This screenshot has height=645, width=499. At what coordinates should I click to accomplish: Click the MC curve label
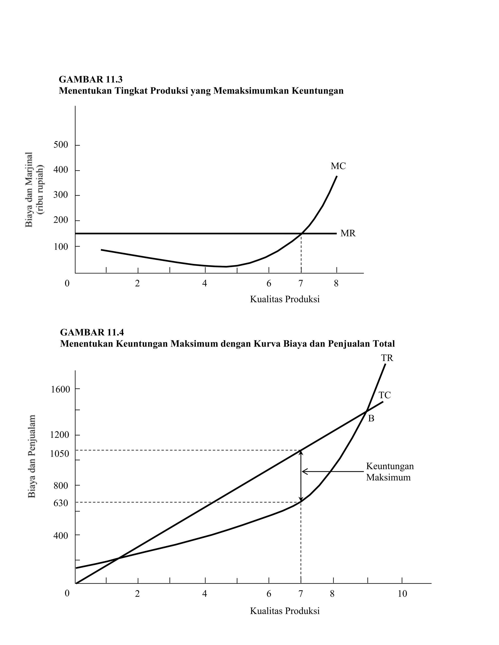coord(338,166)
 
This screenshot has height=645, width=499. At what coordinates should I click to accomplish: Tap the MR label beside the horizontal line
coord(348,233)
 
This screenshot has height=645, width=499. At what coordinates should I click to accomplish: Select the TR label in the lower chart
coord(387,358)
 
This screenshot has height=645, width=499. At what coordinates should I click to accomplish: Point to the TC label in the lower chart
coord(384,395)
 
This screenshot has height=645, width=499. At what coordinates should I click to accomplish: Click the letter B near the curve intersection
coord(371,418)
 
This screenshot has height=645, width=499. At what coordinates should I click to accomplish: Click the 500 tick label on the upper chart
coord(61,145)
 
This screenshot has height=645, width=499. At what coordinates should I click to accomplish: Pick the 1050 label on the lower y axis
coord(59,454)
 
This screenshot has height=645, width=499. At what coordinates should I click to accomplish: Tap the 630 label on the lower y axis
coord(61,503)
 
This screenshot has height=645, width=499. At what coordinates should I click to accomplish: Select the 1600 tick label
coord(60,389)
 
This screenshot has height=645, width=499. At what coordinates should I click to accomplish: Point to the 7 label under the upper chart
coord(301,284)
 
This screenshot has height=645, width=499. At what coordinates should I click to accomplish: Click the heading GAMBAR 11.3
coord(91,79)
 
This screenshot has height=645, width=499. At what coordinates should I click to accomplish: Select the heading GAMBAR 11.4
coord(92,332)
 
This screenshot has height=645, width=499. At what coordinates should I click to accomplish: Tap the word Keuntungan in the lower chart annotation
coord(390,466)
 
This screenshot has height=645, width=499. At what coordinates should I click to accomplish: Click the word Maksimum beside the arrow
coord(388,478)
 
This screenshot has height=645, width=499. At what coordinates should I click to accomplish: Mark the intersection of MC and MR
coord(301,234)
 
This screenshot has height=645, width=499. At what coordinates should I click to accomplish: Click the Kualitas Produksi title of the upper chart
coord(285,299)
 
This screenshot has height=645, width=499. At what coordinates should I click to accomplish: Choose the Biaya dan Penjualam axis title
coord(32,456)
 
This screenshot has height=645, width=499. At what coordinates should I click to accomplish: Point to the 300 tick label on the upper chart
coord(61,195)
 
